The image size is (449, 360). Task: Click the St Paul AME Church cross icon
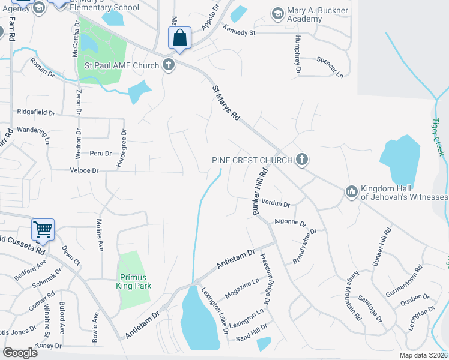click(169, 65)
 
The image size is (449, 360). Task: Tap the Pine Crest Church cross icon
click(301, 160)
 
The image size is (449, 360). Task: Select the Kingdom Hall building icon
click(351, 191)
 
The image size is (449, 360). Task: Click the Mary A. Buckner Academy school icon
click(277, 13)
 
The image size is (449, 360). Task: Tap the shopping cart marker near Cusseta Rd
click(43, 229)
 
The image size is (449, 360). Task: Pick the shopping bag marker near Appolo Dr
click(179, 38)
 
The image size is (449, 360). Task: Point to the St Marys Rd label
click(226, 103)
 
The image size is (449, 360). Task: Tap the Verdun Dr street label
click(276, 204)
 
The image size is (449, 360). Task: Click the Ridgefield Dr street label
click(36, 112)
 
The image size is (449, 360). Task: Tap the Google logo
click(20, 352)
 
